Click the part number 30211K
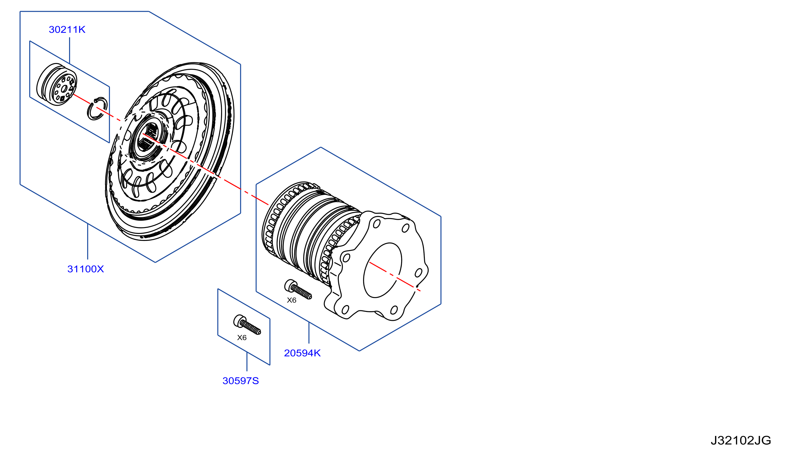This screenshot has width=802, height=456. pos(67,29)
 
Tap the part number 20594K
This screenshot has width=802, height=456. pos(302,353)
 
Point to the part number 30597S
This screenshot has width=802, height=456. pos(241,381)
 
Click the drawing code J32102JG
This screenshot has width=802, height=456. pos(741,441)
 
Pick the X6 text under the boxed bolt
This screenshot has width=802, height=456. pos(242,338)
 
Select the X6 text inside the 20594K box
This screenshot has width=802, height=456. pos(291,300)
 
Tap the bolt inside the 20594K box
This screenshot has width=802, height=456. pos(298,289)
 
